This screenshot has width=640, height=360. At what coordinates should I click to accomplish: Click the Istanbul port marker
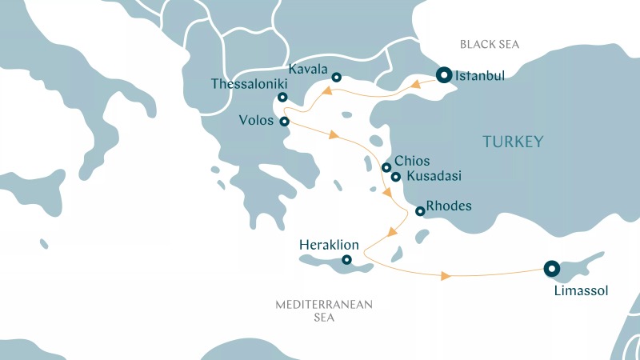coord(443,76)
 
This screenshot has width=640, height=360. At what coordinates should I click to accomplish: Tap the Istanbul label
coord(480,77)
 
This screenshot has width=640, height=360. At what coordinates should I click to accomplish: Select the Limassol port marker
coord(551,269)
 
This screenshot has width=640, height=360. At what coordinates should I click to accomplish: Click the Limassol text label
coord(581,291)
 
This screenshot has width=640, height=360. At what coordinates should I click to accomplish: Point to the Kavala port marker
coord(337,78)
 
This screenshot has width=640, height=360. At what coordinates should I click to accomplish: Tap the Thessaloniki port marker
coord(282,98)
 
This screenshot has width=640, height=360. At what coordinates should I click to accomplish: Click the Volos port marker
coord(285,122)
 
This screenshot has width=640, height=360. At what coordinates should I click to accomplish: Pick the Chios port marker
coord(386,168)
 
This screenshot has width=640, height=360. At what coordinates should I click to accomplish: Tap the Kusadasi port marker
coord(396,177)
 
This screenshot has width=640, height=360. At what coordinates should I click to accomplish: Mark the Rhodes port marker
coord(420,211)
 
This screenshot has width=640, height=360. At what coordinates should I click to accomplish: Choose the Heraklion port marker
coord(346,259)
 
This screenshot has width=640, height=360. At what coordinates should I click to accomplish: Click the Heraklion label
coord(328,244)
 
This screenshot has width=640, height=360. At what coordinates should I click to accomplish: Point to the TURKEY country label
coord(513,142)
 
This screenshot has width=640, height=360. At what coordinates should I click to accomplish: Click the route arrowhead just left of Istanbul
coord(417,82)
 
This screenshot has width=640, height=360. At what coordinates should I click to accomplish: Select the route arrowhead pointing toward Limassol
coord(446,276)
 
